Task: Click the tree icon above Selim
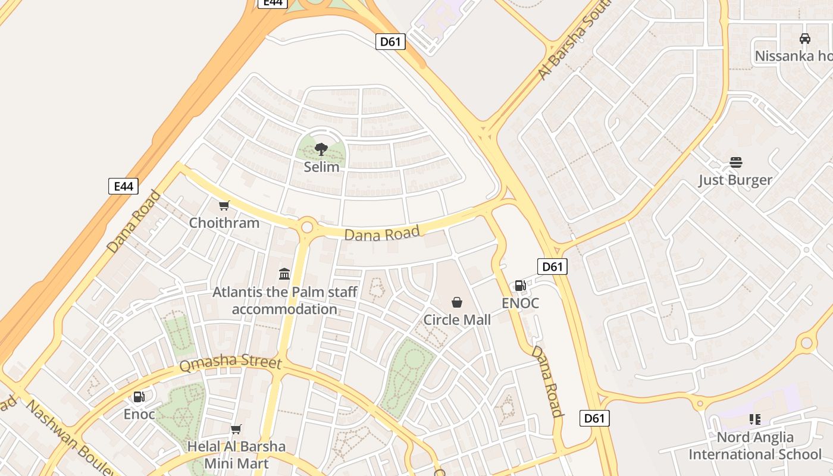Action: [x=321, y=149]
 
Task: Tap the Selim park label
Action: [x=321, y=167]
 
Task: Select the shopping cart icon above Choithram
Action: [x=224, y=206]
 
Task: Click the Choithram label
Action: [x=224, y=223]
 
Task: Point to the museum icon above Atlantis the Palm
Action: [x=284, y=274]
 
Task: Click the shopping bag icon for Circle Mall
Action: [x=457, y=302]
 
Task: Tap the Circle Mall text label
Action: [x=457, y=320]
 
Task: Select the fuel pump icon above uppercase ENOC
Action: [x=520, y=286]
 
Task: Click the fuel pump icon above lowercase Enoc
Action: [x=139, y=397]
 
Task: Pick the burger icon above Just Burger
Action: [x=735, y=162]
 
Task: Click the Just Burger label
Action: [x=735, y=180]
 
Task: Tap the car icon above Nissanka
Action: [x=805, y=39]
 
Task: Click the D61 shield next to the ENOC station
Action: [x=552, y=267]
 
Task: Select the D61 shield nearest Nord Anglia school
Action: [x=594, y=418]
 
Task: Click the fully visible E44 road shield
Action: [x=123, y=186]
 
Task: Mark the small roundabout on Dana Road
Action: [x=307, y=227]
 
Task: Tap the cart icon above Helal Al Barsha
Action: [x=236, y=429]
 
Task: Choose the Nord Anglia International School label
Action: [x=755, y=446]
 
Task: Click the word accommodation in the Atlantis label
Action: [x=284, y=309]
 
